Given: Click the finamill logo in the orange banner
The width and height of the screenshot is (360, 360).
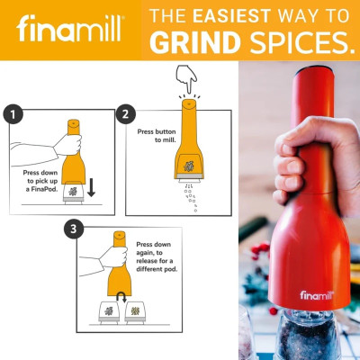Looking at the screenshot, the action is [70, 29].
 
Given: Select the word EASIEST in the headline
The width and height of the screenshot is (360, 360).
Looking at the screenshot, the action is [232, 16].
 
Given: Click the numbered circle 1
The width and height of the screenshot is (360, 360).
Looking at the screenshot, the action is [13, 114].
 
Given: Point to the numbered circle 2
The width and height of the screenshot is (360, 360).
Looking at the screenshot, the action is [126, 114].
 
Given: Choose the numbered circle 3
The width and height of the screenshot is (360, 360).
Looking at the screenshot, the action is [74, 229].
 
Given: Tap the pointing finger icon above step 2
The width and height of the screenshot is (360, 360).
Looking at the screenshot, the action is [186, 78].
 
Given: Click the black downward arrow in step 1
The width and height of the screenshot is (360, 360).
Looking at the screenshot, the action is [91, 187].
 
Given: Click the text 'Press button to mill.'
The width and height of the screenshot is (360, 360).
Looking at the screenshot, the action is [157, 136].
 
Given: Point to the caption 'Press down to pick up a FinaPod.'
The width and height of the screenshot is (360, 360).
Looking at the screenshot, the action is [40, 181].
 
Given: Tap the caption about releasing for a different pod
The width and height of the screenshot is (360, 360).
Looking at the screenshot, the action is [157, 256].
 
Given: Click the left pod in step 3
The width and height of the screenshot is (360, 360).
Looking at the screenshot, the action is [109, 312].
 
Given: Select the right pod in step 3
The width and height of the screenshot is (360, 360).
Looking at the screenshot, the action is [135, 312].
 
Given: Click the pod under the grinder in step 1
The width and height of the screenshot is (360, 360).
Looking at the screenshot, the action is [74, 193].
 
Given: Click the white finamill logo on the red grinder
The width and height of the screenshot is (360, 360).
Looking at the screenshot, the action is [317, 295].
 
